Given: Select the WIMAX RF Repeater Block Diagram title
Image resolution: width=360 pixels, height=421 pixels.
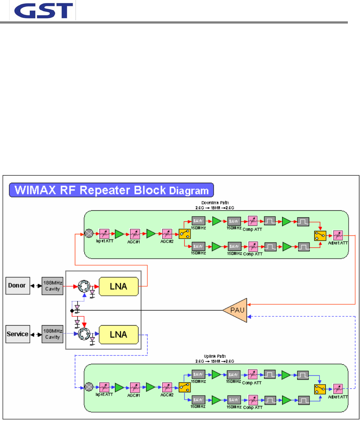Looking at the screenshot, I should pyautogui.click(x=112, y=190).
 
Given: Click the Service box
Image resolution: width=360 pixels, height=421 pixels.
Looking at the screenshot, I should pyautogui.click(x=18, y=334).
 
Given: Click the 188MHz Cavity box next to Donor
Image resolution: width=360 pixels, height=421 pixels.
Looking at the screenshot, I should pyautogui.click(x=52, y=285).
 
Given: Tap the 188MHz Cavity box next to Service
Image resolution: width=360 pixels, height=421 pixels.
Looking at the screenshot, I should pyautogui.click(x=52, y=334).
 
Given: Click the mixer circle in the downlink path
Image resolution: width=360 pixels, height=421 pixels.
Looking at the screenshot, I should pyautogui.click(x=89, y=233).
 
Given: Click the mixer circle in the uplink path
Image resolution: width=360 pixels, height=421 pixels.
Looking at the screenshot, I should pyautogui.click(x=89, y=387).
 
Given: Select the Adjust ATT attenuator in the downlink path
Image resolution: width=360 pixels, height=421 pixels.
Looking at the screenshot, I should pyautogui.click(x=338, y=235).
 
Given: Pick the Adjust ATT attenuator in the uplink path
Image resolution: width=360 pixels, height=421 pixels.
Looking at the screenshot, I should pyautogui.click(x=338, y=389).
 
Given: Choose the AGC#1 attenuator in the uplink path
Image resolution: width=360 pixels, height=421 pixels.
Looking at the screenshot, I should pyautogui.click(x=135, y=387).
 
